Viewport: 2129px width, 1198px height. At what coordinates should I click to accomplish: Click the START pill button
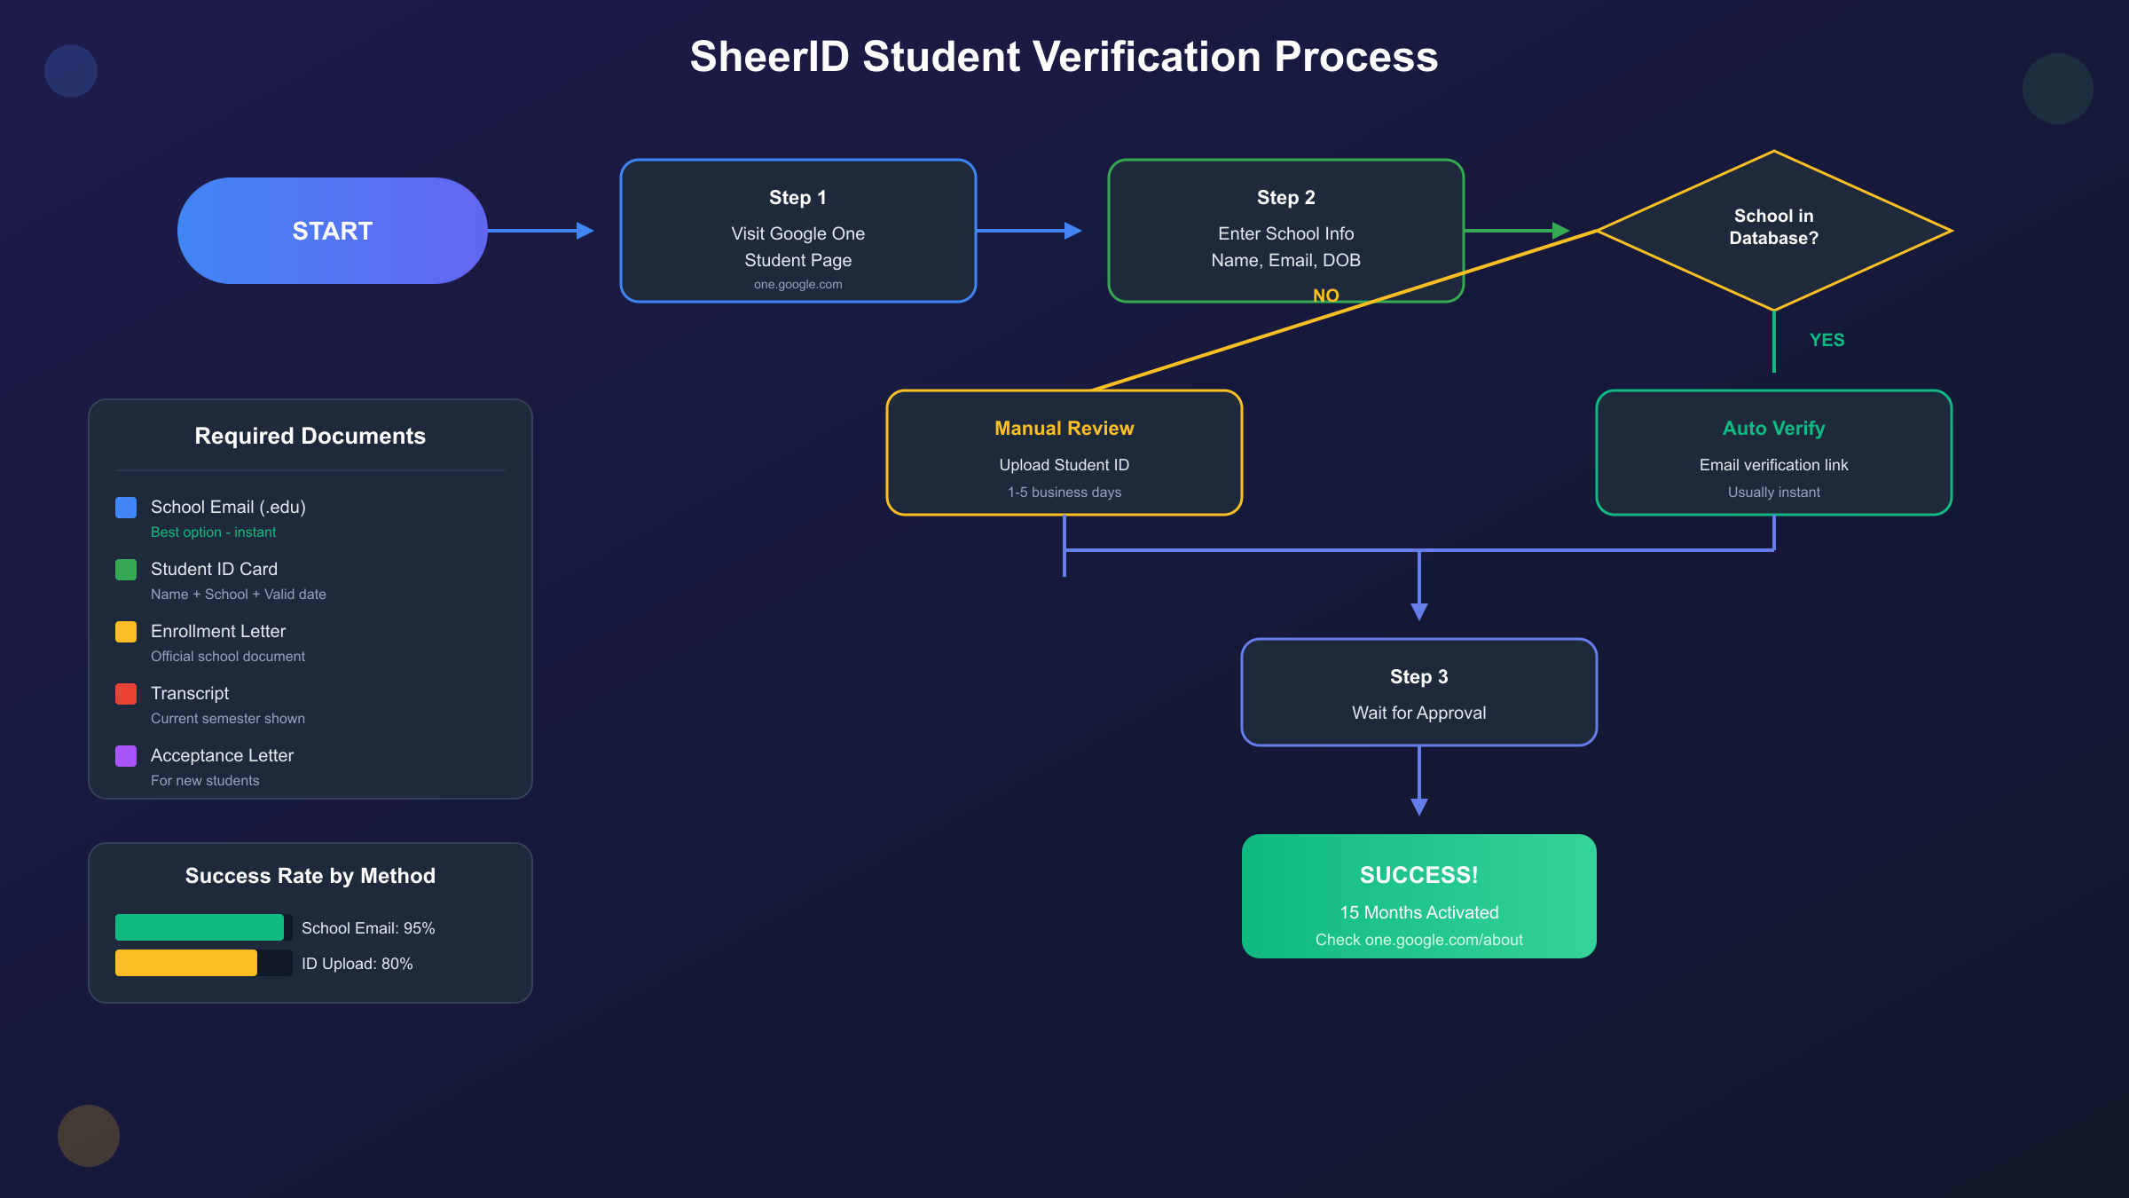coord(332,231)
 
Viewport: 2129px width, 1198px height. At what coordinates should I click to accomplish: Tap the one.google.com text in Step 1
coord(797,285)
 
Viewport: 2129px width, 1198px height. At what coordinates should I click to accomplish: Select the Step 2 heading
coord(1285,198)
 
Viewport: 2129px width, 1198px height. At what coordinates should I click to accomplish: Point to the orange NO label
coord(1325,296)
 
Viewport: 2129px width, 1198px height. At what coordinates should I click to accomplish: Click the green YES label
coord(1827,340)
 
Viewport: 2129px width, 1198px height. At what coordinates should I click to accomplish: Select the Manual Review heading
coord(1064,429)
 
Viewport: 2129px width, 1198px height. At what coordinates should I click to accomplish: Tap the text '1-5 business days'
coord(1064,493)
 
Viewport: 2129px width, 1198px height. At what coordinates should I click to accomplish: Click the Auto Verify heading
coord(1773,429)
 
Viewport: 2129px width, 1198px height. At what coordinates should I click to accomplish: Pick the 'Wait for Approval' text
coord(1418,713)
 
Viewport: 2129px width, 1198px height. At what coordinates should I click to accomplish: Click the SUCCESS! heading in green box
coord(1418,875)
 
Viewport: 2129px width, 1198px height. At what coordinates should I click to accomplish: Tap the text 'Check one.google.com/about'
coord(1418,940)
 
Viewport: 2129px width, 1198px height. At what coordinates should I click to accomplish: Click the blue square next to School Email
coord(126,508)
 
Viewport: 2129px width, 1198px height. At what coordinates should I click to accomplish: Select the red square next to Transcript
coord(126,694)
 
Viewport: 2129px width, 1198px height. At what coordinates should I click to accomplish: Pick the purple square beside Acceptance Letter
coord(126,756)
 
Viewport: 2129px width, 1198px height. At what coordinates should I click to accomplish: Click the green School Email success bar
coord(200,927)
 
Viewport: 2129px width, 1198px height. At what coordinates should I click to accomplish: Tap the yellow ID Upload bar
coord(186,963)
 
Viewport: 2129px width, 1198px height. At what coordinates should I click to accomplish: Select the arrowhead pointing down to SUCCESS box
coord(1418,806)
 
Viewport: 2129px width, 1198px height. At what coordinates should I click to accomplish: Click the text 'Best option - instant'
coord(213,532)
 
